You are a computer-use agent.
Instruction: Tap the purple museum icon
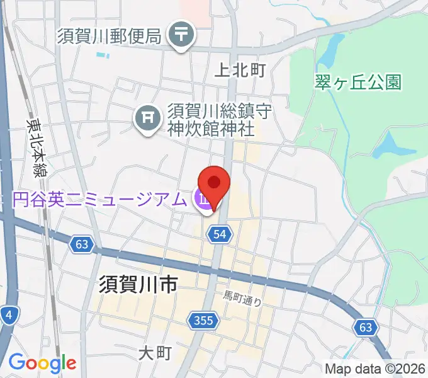(x=203, y=200)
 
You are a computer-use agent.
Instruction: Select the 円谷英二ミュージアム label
(x=100, y=200)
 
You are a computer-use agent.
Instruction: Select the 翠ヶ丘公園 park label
(x=358, y=82)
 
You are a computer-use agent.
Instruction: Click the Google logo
(x=42, y=364)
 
